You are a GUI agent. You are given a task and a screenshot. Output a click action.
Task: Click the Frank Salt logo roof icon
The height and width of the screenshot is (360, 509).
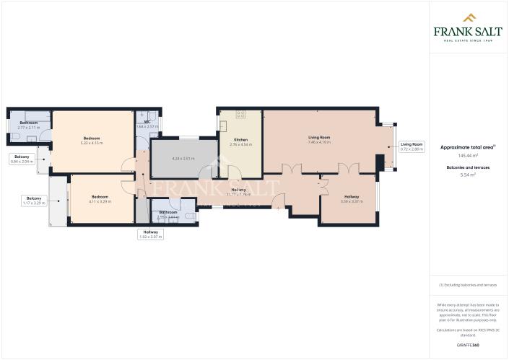click(x=468, y=17)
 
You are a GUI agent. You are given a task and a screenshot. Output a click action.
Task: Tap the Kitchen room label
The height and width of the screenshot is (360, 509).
click(x=240, y=139)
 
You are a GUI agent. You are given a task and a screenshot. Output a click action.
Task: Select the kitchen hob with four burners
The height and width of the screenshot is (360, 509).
click(x=241, y=115)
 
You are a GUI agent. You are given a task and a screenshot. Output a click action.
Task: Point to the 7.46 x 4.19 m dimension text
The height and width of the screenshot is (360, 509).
click(x=319, y=142)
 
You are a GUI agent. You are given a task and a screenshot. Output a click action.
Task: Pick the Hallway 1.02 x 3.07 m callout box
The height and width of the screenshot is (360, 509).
click(x=151, y=234)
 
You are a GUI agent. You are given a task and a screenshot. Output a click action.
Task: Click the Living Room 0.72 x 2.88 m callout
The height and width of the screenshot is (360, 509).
click(x=412, y=146)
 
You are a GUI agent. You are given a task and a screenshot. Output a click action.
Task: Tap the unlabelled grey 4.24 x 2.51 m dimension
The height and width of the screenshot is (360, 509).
click(x=184, y=158)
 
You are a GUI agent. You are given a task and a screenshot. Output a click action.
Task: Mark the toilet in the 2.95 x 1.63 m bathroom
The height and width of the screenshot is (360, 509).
click(x=189, y=215)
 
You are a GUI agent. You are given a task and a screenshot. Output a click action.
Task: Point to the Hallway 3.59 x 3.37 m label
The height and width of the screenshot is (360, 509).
click(x=351, y=198)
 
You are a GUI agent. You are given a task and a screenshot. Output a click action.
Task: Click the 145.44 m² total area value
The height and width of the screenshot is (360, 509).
click(x=467, y=155)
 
